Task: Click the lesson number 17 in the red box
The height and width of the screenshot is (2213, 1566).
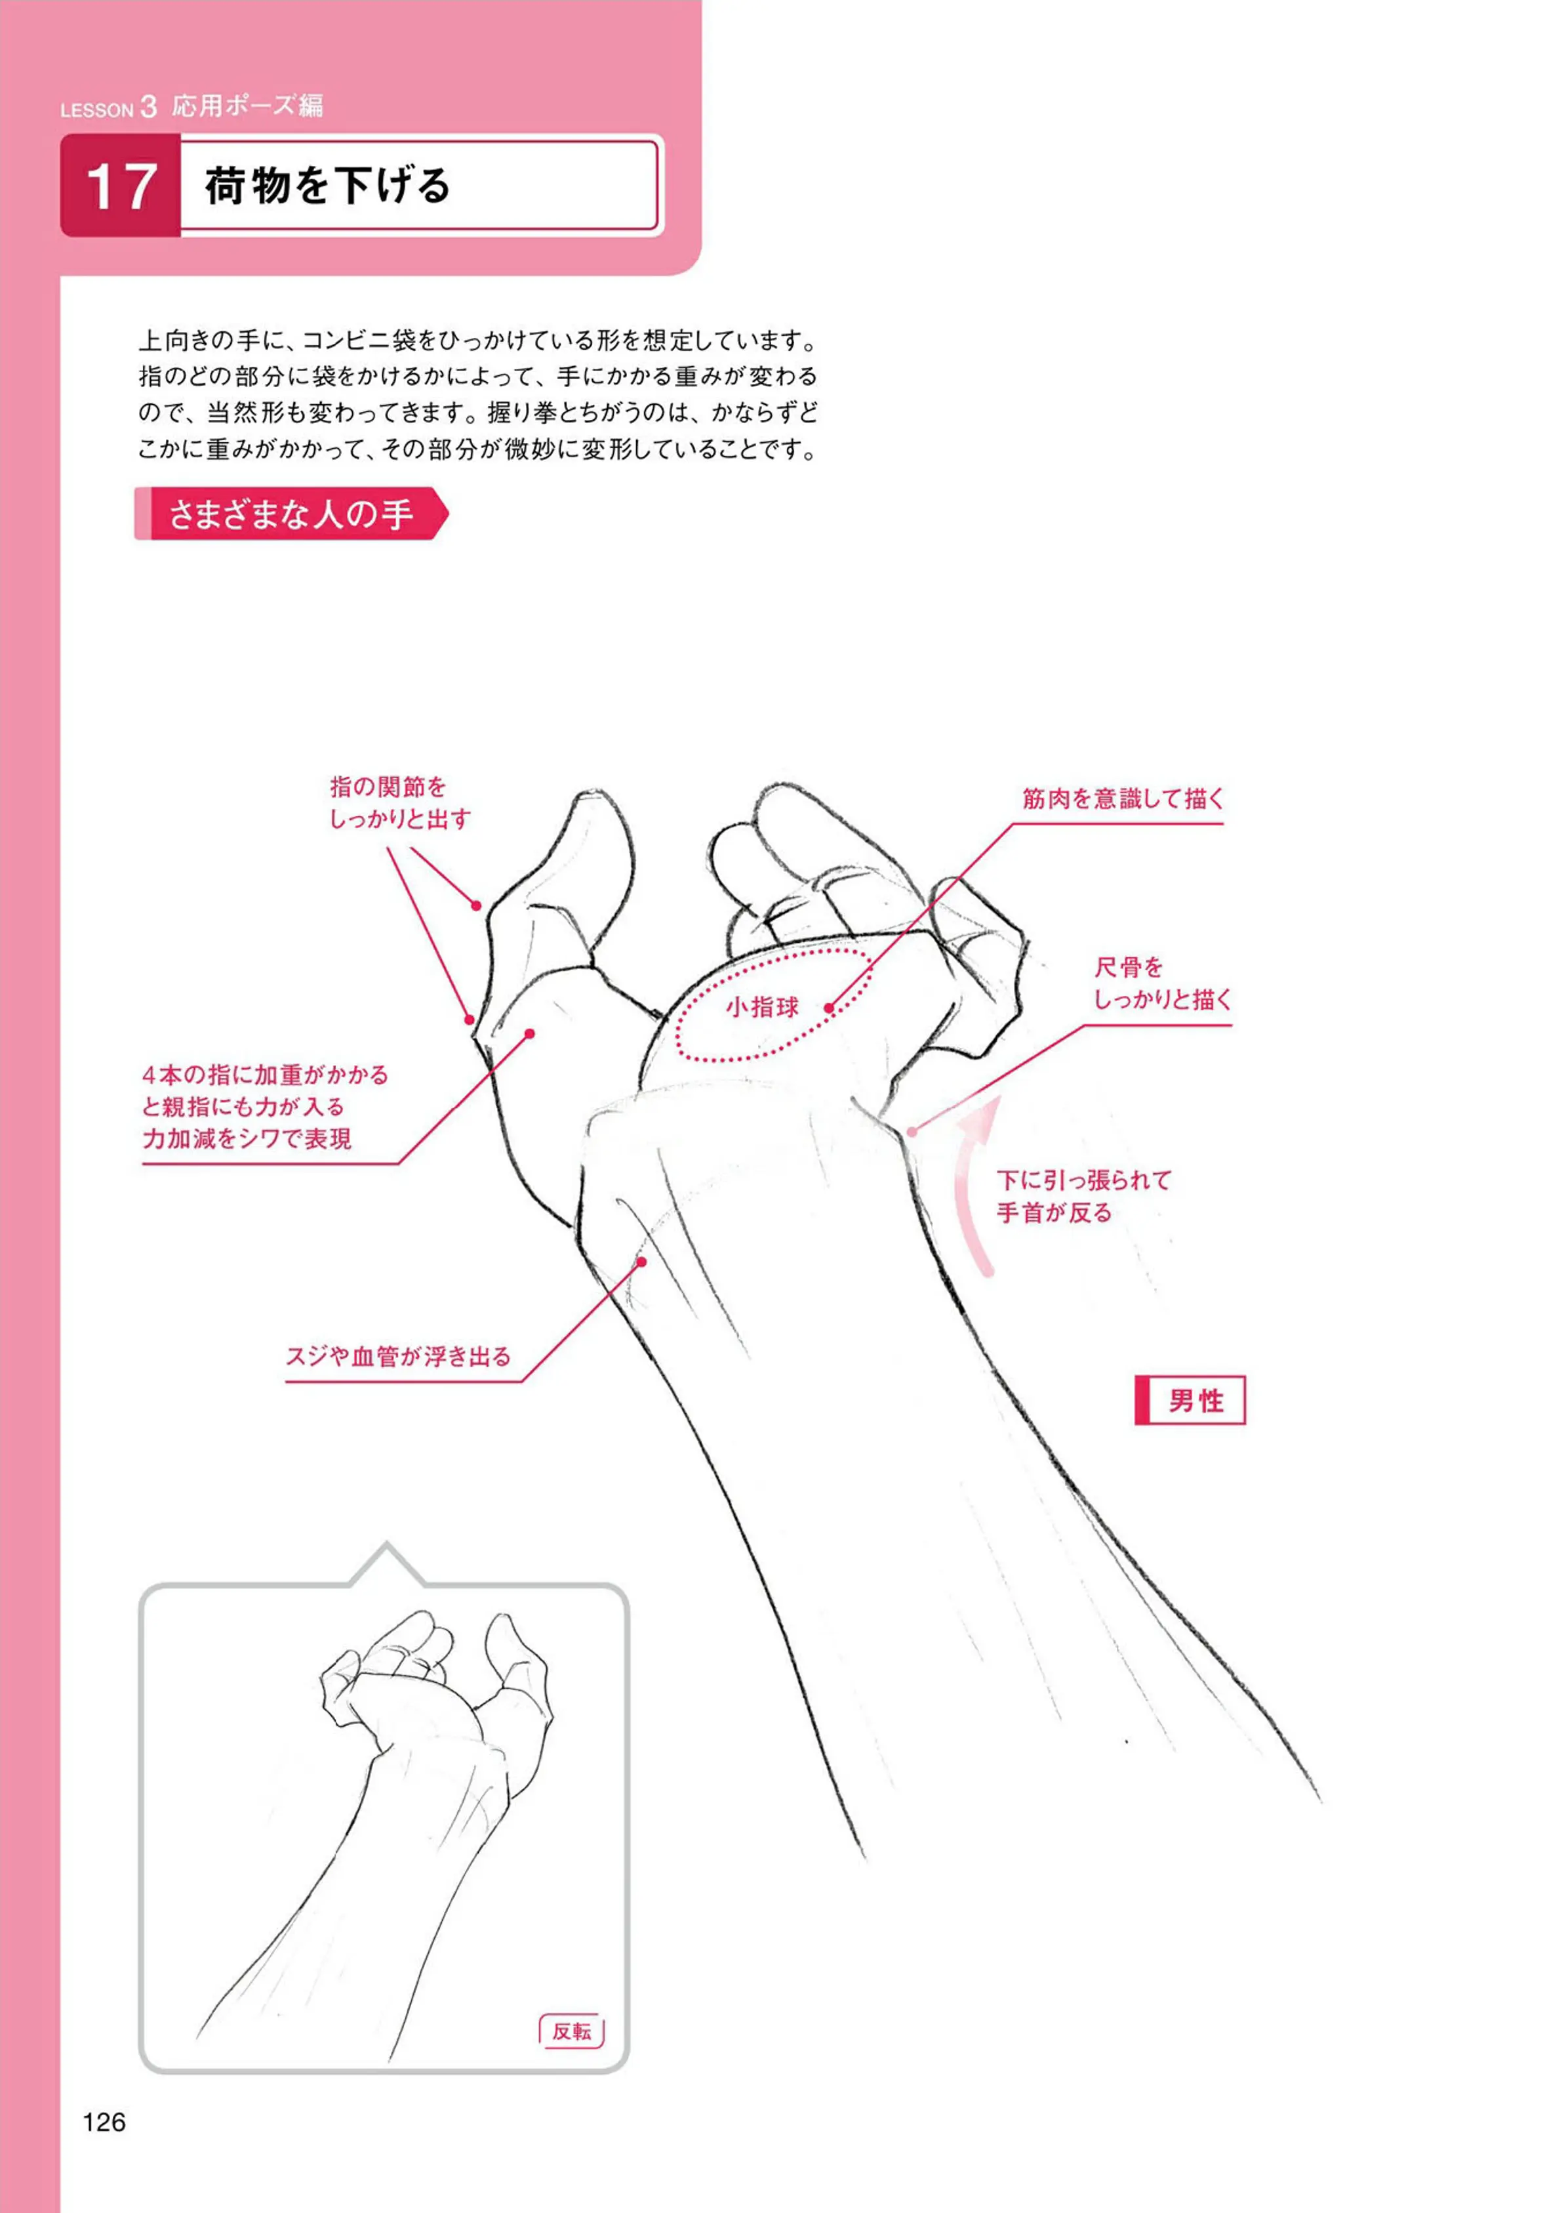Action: [x=121, y=186]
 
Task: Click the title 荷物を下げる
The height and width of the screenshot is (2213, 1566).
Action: [x=328, y=185]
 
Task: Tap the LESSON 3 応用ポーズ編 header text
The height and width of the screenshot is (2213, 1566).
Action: [x=191, y=106]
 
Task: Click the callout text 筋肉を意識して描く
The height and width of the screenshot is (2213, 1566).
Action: [x=1123, y=798]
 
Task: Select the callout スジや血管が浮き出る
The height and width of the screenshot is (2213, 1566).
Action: [x=398, y=1356]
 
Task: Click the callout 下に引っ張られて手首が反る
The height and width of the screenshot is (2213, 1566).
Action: [x=1084, y=1196]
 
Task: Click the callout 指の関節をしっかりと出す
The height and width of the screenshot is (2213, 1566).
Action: [x=400, y=802]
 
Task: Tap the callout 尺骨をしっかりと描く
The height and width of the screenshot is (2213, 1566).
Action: [x=1163, y=983]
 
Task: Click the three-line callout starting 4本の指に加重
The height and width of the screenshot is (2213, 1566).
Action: [x=265, y=1106]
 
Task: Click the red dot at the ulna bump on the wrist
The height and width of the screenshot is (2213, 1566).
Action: [x=912, y=1130]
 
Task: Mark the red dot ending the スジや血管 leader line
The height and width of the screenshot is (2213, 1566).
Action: [x=641, y=1262]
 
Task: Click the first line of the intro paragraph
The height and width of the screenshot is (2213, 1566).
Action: [x=478, y=341]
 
